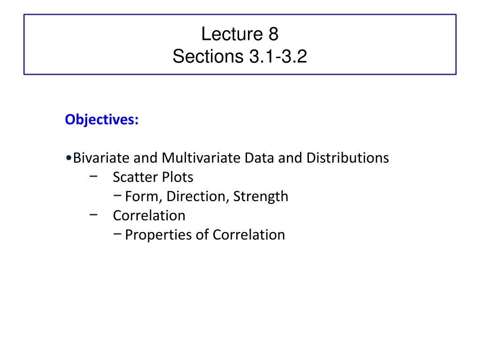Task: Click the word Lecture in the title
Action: (232, 34)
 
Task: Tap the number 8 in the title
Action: (273, 34)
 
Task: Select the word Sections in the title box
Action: (208, 56)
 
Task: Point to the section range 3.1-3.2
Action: (278, 56)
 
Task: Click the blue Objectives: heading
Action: (102, 120)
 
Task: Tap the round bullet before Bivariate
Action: (68, 158)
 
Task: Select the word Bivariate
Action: (101, 158)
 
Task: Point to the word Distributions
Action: (347, 158)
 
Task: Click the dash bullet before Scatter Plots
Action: (93, 176)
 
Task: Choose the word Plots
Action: (178, 177)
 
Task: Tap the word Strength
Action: (261, 196)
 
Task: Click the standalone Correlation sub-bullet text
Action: (149, 216)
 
